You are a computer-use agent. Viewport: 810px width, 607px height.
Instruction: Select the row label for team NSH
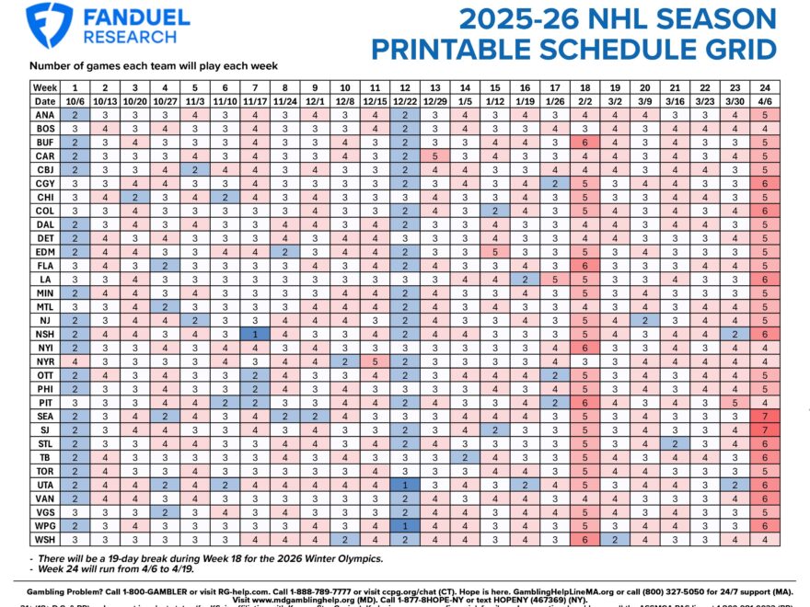45,335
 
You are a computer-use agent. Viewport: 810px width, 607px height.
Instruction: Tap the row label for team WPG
45,525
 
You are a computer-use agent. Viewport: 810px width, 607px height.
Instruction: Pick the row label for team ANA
45,115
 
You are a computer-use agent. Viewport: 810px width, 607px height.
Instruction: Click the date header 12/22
404,100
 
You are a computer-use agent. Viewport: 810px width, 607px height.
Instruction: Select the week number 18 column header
584,86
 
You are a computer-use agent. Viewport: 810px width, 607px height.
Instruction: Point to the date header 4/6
765,100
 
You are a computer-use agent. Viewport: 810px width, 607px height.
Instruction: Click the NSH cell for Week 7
255,335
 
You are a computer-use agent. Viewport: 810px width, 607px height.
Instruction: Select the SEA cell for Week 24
765,416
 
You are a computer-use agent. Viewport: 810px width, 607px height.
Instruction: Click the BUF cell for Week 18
584,143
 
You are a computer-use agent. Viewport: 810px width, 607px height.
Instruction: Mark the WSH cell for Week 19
615,540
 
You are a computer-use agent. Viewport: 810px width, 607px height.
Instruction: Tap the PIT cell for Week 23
735,401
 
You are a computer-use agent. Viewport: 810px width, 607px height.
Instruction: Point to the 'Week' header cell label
45,86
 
